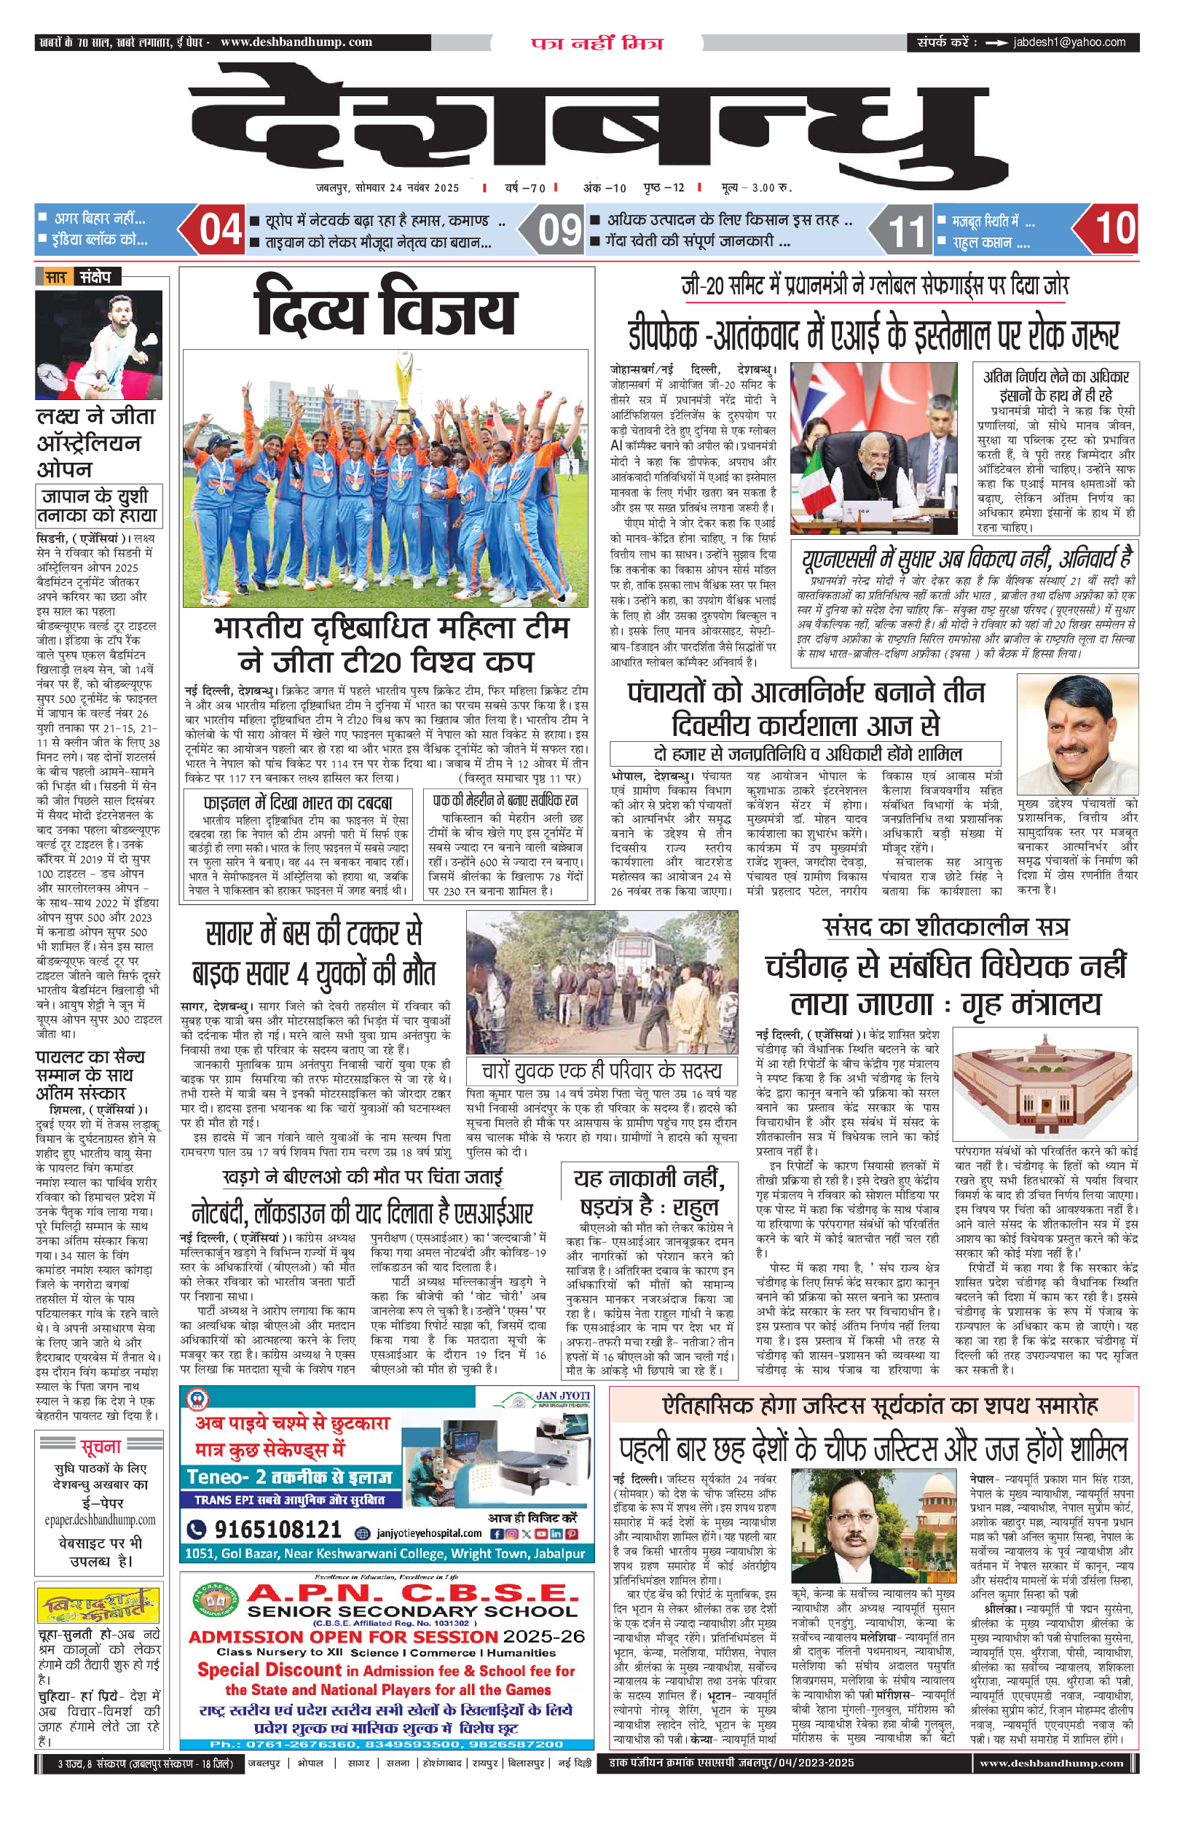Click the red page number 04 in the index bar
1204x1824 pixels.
[221, 229]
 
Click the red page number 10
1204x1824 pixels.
[1114, 228]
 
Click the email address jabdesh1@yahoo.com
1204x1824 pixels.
[1069, 42]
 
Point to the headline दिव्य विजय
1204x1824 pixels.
[385, 310]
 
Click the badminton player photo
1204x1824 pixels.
[98, 345]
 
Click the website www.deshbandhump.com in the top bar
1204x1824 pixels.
[296, 42]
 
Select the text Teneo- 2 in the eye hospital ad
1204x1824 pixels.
[227, 1476]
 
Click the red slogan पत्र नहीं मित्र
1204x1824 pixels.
[597, 43]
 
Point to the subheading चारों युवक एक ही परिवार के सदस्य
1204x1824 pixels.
[601, 1070]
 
